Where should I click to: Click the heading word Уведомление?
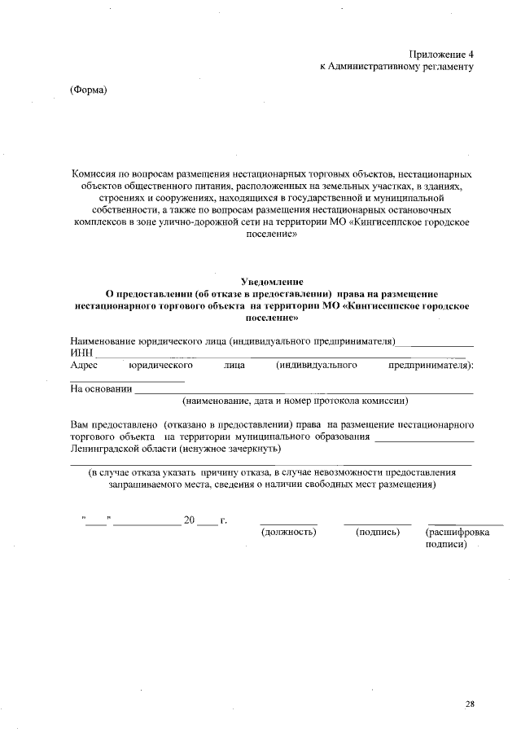[272, 281]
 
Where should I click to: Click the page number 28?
[470, 703]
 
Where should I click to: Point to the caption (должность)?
[287, 532]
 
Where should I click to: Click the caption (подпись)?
[378, 532]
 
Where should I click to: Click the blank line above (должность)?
[288, 523]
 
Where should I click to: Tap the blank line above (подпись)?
[378, 523]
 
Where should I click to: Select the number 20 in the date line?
[190, 520]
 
